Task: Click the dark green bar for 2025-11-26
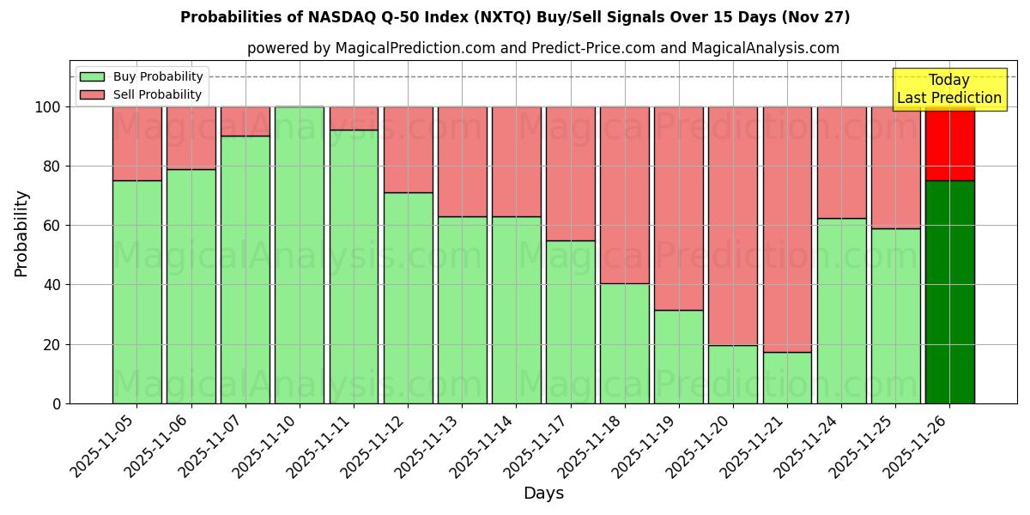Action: click(949, 292)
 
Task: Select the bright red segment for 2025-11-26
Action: click(949, 143)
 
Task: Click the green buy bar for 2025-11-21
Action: click(787, 378)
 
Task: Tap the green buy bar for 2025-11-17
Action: click(570, 322)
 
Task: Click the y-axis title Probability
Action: click(21, 233)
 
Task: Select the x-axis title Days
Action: click(543, 494)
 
